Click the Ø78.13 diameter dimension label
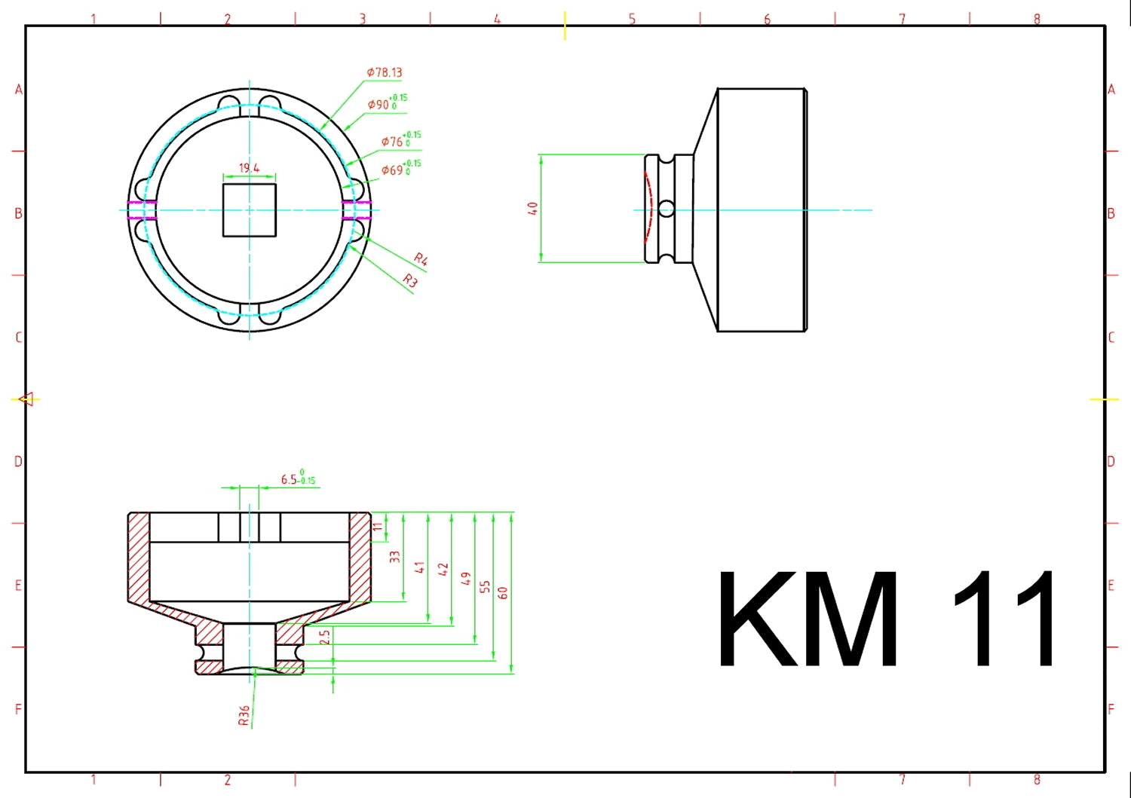click(x=385, y=72)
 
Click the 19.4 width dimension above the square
click(x=249, y=168)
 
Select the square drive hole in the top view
click(x=250, y=210)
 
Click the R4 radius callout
click(x=421, y=260)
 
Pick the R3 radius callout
click(x=409, y=280)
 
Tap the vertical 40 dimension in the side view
click(x=532, y=209)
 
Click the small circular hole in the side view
click(x=667, y=209)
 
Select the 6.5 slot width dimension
click(x=298, y=478)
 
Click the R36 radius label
click(x=244, y=716)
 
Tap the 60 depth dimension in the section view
click(x=503, y=592)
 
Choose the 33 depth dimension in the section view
click(x=394, y=557)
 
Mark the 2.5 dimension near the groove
click(x=324, y=637)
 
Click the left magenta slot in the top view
click(x=142, y=210)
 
